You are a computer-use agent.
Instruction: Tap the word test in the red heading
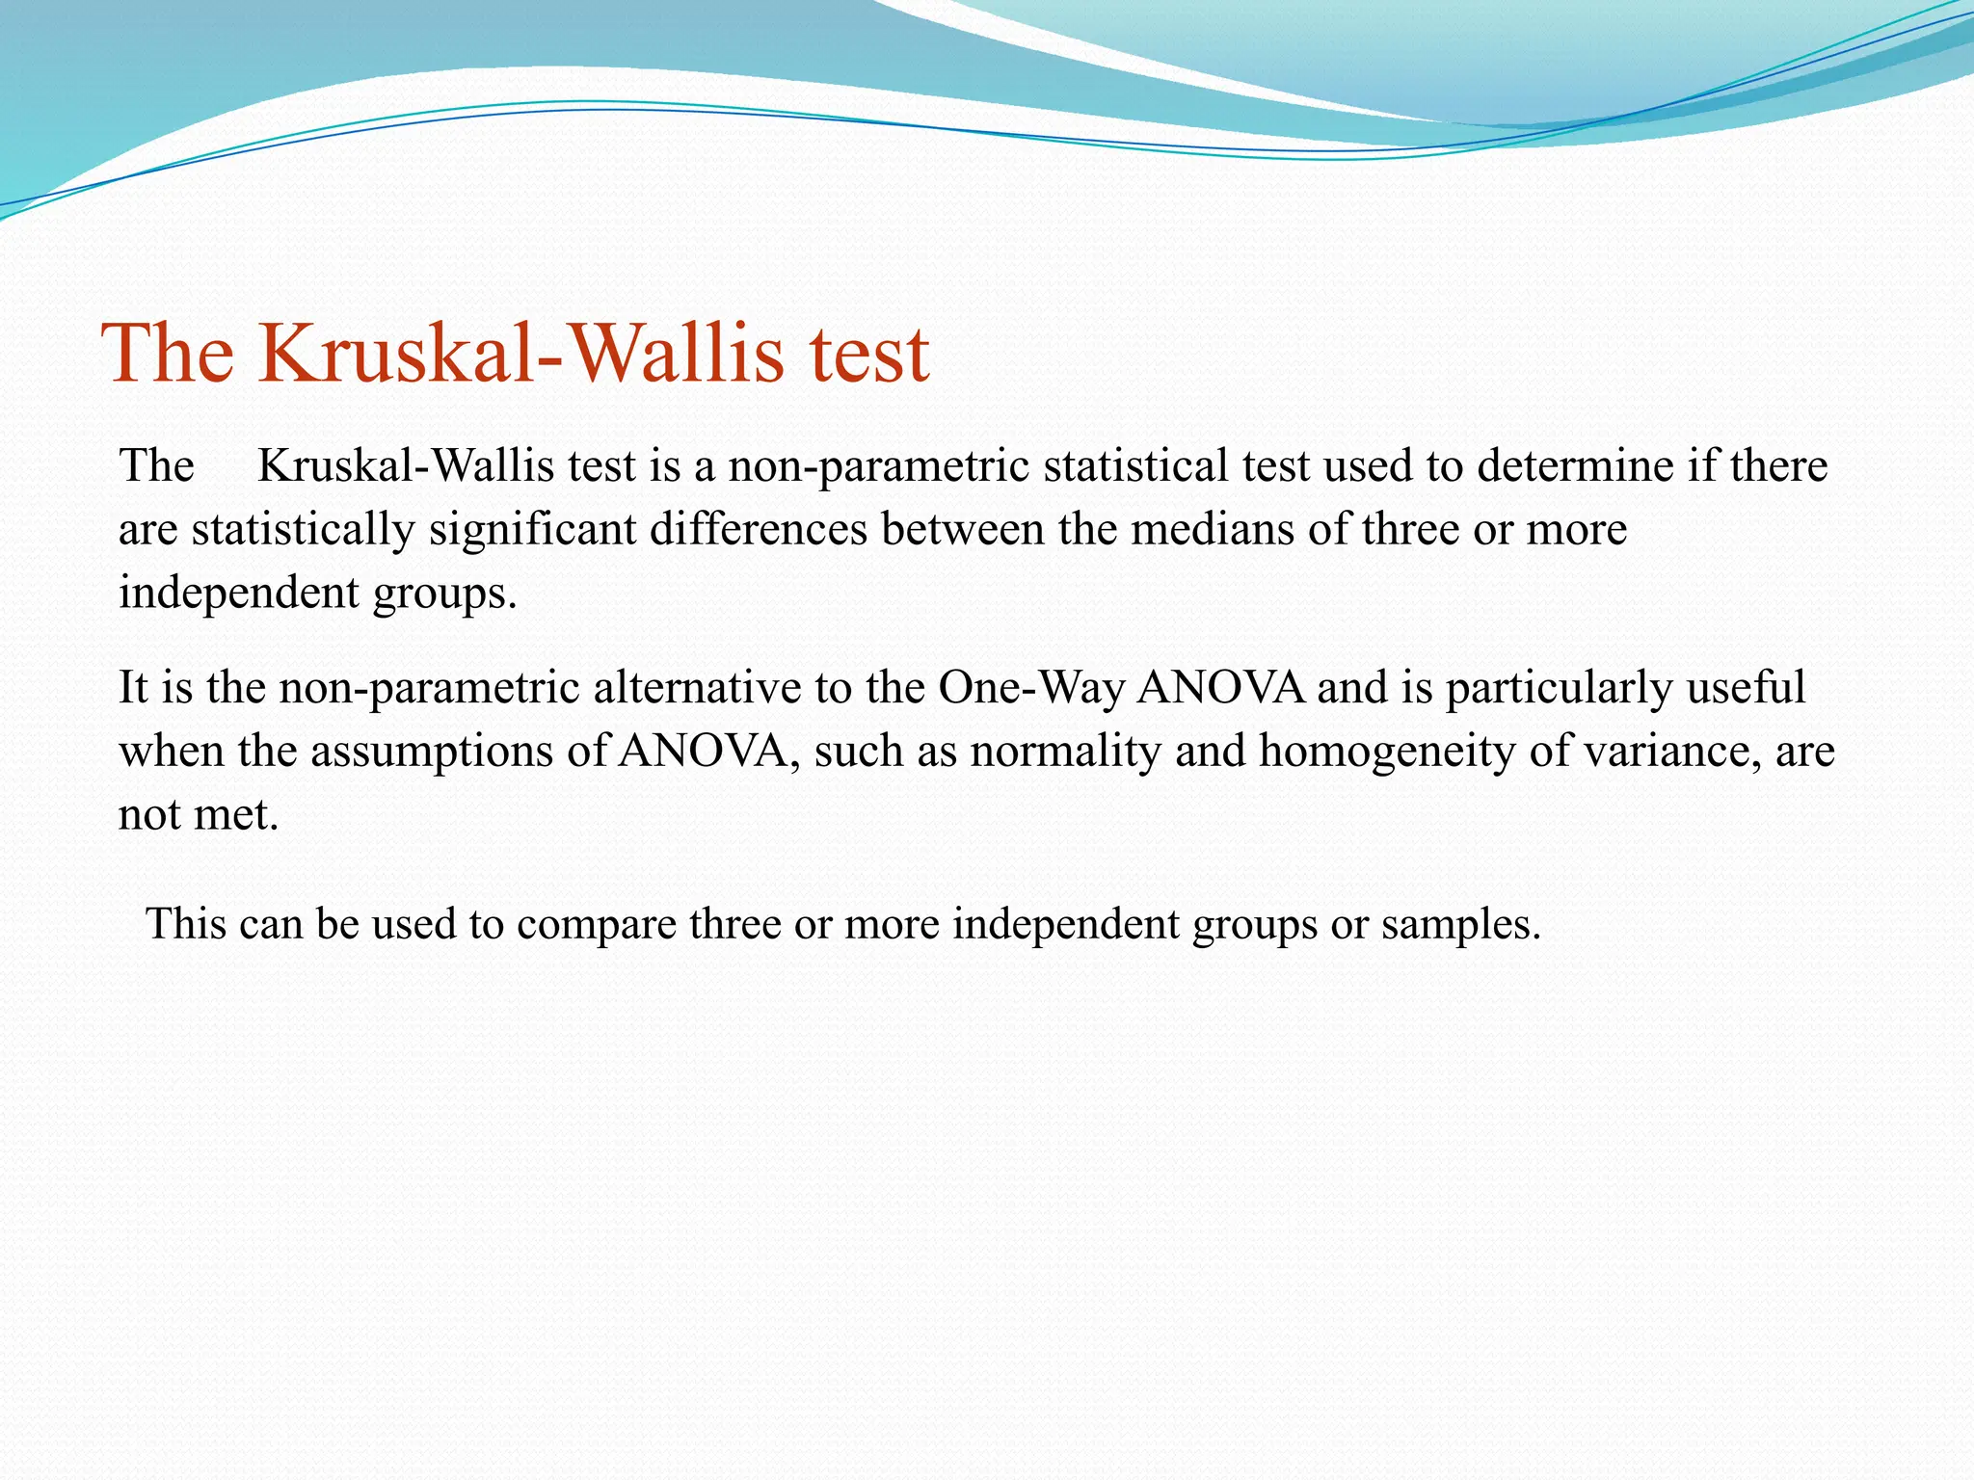coord(869,354)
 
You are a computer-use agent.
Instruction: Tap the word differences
coord(759,530)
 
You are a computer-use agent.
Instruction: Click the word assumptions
coord(433,752)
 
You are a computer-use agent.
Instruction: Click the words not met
coord(198,815)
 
